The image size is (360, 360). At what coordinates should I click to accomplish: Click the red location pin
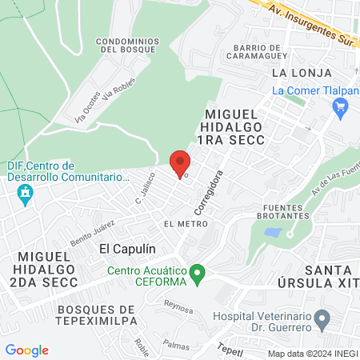click(x=181, y=162)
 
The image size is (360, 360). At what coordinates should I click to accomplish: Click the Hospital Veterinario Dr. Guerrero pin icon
click(x=322, y=322)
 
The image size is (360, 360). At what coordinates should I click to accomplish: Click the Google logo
click(x=26, y=350)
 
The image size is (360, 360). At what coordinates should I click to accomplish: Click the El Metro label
click(x=179, y=223)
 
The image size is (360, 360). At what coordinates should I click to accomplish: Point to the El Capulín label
click(x=126, y=249)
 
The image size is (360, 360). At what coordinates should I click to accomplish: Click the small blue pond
click(x=273, y=233)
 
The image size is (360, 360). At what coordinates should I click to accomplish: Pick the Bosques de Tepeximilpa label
click(x=94, y=315)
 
